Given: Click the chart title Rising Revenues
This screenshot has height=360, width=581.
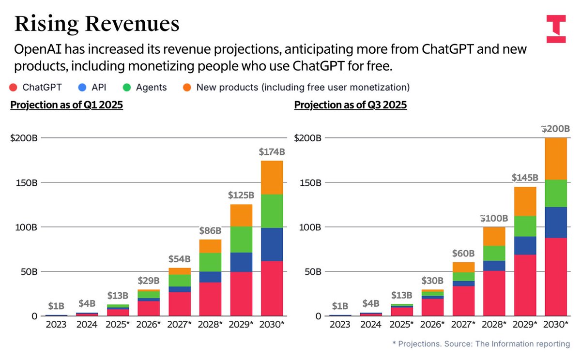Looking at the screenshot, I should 97,23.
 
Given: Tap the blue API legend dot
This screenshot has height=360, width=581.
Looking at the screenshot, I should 81,88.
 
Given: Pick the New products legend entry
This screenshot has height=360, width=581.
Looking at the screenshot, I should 296,88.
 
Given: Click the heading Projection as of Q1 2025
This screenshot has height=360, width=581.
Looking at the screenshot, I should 66,105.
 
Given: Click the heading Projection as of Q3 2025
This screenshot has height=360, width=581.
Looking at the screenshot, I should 351,105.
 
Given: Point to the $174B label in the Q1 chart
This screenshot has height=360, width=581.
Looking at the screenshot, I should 272,152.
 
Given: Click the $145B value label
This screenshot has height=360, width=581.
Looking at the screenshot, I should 525,178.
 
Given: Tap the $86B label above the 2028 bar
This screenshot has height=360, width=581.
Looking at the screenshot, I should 211,231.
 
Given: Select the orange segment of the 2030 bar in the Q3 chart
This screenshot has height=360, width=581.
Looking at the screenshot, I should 556,159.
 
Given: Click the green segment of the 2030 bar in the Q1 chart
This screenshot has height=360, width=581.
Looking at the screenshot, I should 272,211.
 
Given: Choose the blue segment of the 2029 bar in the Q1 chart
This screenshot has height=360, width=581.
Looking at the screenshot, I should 241,262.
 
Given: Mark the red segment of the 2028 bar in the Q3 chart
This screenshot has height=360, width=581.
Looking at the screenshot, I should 494,293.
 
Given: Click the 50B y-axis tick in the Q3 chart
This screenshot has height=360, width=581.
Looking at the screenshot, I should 311,272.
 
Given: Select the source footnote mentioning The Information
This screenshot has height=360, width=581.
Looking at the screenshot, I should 481,344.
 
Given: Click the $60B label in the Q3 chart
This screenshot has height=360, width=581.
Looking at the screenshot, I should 463,254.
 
